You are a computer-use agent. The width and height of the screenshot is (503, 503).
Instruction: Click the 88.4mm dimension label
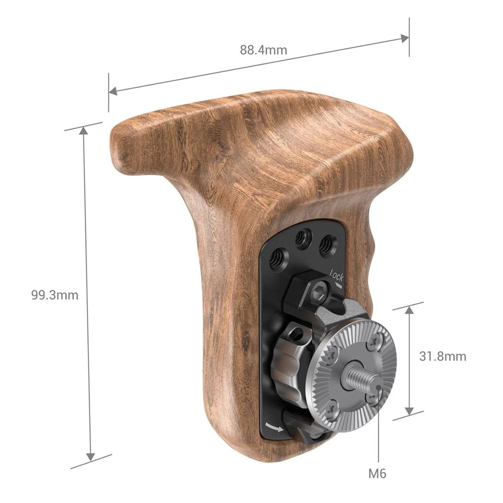tap(263, 50)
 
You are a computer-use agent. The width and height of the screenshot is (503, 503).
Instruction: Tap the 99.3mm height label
tap(54, 295)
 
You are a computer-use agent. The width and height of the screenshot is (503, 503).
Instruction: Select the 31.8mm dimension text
tap(442, 356)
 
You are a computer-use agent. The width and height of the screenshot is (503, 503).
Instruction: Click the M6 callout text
tap(377, 474)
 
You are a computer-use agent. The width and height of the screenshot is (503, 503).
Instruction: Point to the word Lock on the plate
tap(336, 276)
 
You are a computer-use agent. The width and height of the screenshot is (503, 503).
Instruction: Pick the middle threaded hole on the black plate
tap(301, 239)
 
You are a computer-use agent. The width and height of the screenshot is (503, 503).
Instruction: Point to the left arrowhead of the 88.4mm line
tap(112, 91)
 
